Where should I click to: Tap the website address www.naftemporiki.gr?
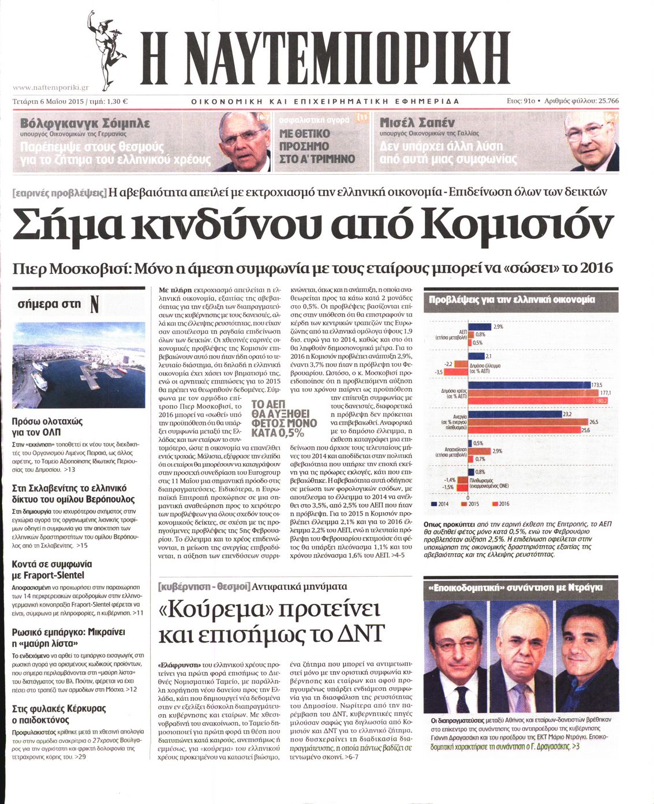pyautogui.click(x=50, y=88)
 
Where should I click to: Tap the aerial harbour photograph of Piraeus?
pyautogui.click(x=79, y=365)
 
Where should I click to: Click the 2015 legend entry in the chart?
pyautogui.click(x=470, y=504)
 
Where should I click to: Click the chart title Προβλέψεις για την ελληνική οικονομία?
pyautogui.click(x=512, y=300)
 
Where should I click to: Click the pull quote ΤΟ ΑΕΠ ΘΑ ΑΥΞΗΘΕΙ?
pyautogui.click(x=284, y=419)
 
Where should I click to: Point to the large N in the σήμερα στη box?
pyautogui.click(x=95, y=305)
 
